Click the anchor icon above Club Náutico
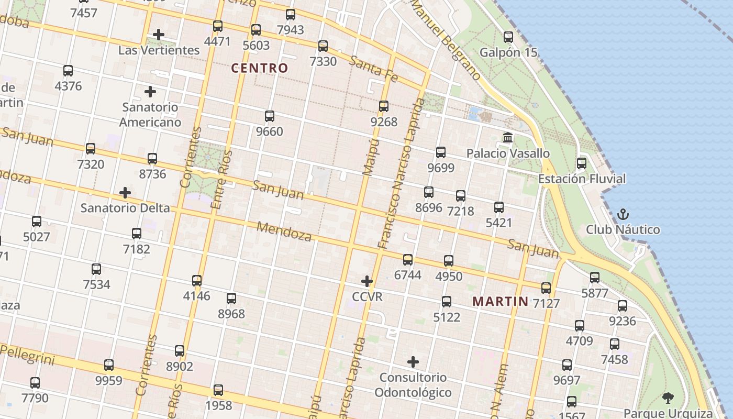coord(623,214)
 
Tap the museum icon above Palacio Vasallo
coord(507,138)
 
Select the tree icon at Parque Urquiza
coord(668,398)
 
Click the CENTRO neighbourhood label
coord(260,68)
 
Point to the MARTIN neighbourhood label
coord(501,302)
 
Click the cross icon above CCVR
coord(367,281)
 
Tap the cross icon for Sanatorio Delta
coord(125,193)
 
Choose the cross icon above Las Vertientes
coord(158,35)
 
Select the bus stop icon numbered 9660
coord(269,116)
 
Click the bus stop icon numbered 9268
coord(384,106)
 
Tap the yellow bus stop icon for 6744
coord(408,259)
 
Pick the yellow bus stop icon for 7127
coord(546,288)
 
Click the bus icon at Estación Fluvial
coord(581,163)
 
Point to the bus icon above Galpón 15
coord(508,37)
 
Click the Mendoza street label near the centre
coord(284,231)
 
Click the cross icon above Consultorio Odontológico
coord(413,362)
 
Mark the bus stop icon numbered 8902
coord(180,351)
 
